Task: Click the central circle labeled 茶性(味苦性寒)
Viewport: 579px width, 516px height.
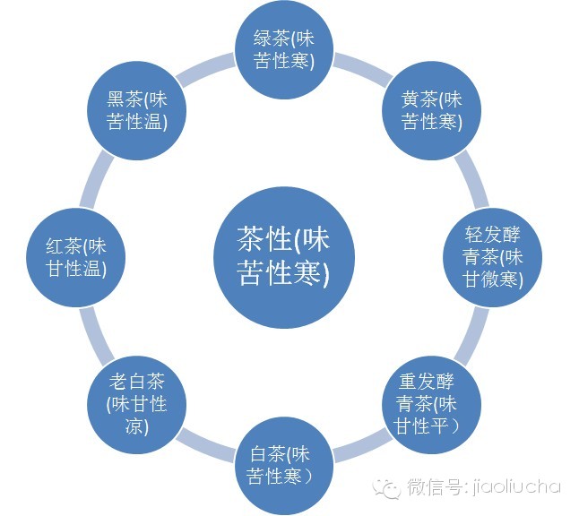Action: tap(282, 254)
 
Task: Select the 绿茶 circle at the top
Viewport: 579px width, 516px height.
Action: tap(282, 51)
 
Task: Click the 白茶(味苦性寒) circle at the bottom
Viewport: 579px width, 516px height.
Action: tap(282, 463)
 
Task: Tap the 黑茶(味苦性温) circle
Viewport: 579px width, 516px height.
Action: tap(134, 110)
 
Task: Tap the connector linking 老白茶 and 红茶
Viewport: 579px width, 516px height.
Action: tap(91, 331)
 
